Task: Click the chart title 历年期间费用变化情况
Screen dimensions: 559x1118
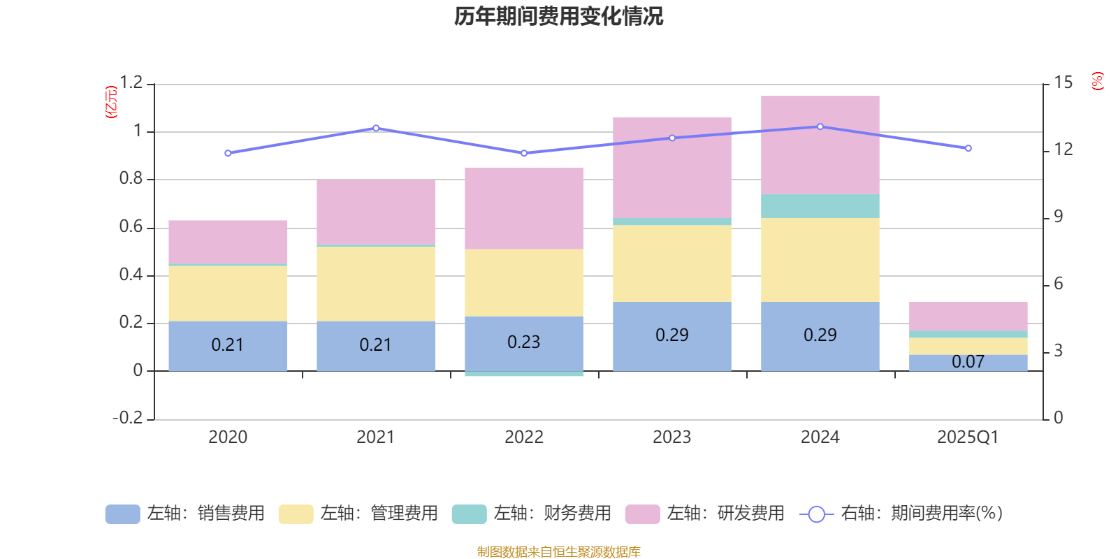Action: (558, 16)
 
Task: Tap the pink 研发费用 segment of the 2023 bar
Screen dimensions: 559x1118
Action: (671, 168)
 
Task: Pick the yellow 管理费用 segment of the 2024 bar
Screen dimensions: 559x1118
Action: (820, 260)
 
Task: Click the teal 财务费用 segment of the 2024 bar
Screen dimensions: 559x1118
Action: (820, 206)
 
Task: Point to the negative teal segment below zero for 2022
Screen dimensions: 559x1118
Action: (523, 374)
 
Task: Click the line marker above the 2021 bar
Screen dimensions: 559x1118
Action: (376, 128)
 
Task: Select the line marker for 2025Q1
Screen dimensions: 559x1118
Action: (968, 148)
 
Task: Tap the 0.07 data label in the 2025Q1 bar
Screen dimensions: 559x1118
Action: (968, 362)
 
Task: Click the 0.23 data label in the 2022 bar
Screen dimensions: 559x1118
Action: (523, 342)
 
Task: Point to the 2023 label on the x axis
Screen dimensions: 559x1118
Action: (671, 437)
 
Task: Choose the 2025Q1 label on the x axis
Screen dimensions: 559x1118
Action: (968, 437)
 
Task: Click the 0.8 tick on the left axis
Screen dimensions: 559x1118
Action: (131, 179)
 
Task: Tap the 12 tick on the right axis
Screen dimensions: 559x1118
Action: (1063, 149)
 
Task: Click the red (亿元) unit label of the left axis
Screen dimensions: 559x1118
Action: (110, 102)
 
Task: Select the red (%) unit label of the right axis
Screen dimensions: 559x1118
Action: (1097, 81)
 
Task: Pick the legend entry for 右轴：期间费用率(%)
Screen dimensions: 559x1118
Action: (901, 514)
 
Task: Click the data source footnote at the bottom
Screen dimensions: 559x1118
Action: (558, 552)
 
